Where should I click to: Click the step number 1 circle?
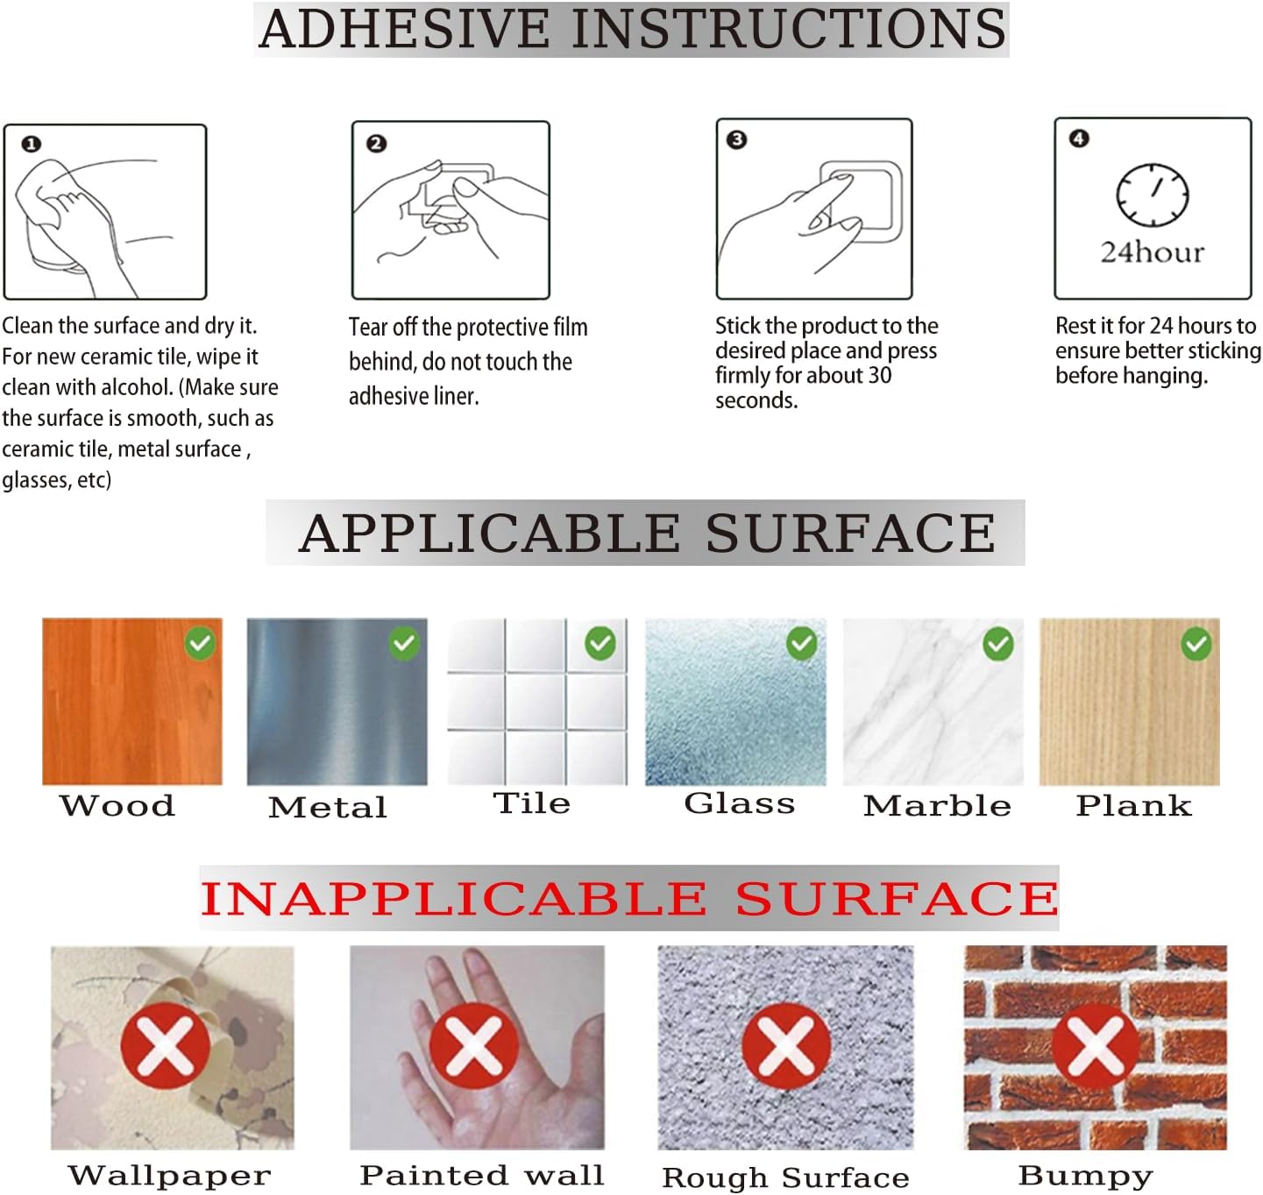tap(31, 144)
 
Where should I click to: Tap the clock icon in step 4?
tap(1152, 194)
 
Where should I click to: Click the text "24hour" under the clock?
tap(1152, 252)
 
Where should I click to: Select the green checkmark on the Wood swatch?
tap(200, 643)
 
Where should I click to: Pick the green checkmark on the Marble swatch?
tap(997, 644)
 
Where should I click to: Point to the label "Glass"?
tap(739, 803)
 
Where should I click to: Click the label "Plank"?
tap(1133, 805)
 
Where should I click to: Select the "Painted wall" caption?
tap(482, 1175)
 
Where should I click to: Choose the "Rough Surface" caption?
tap(785, 1177)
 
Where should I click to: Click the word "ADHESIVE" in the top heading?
tap(404, 30)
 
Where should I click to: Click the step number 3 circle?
tap(736, 139)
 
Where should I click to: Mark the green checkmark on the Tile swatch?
tap(600, 643)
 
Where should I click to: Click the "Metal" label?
tap(328, 807)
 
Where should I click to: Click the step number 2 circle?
tap(377, 143)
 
